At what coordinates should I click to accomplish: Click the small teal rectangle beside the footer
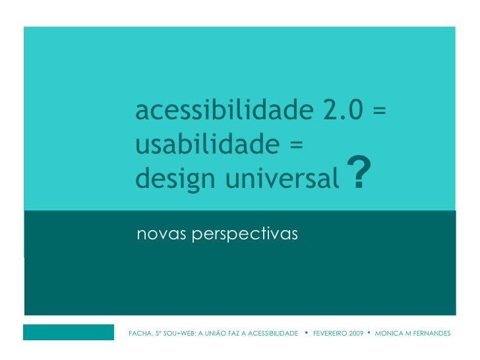pos(69,332)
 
